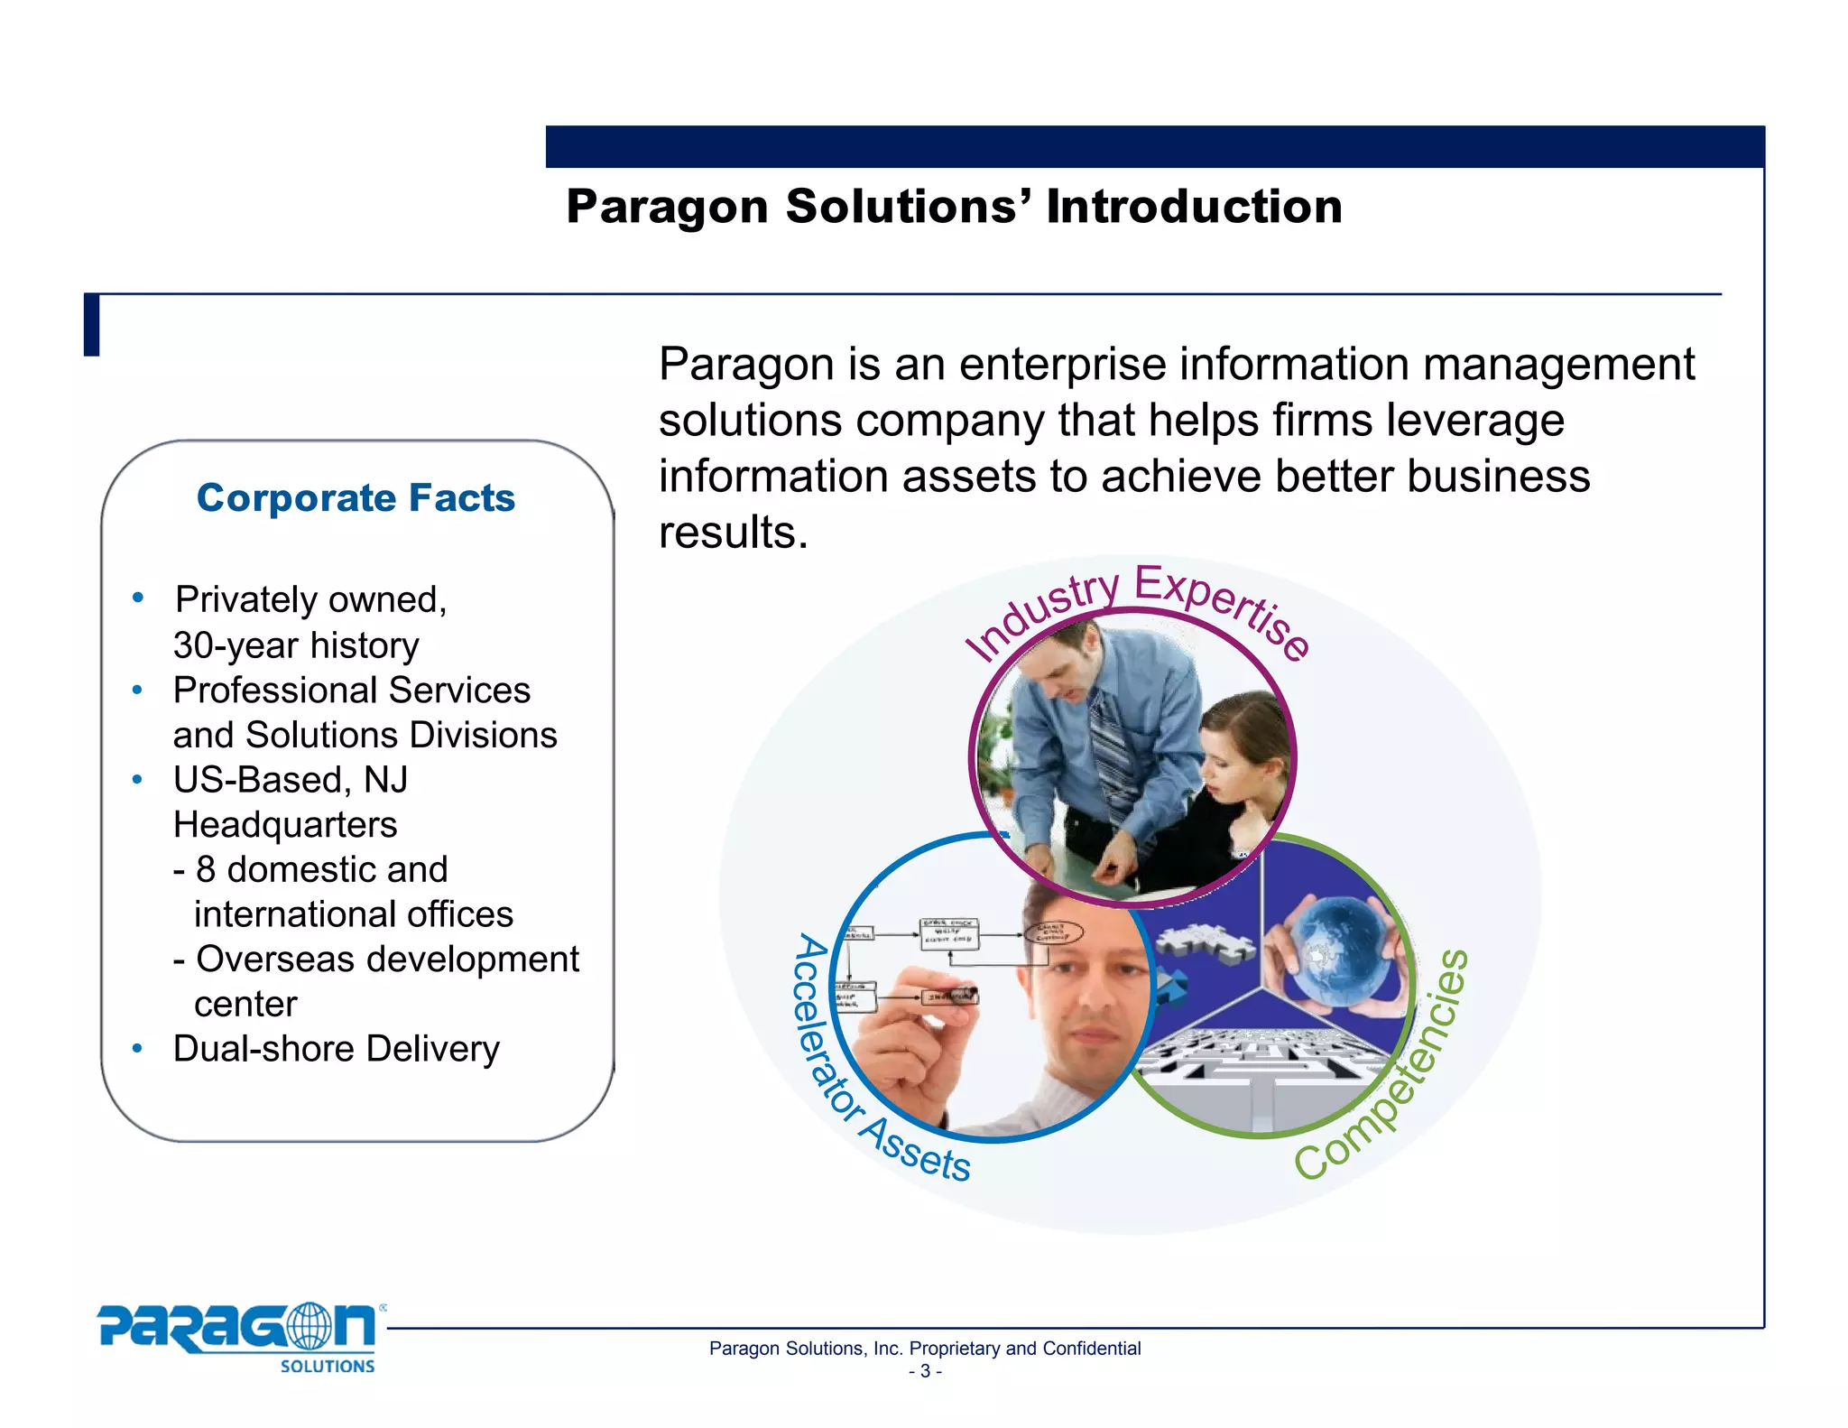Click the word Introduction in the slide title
click(1194, 207)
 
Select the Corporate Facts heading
click(356, 497)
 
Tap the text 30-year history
click(296, 645)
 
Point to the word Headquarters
click(285, 824)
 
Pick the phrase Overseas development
click(387, 959)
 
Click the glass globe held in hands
click(1336, 946)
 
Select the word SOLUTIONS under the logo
click(327, 1367)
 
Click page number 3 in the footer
click(925, 1371)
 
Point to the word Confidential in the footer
click(1091, 1349)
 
